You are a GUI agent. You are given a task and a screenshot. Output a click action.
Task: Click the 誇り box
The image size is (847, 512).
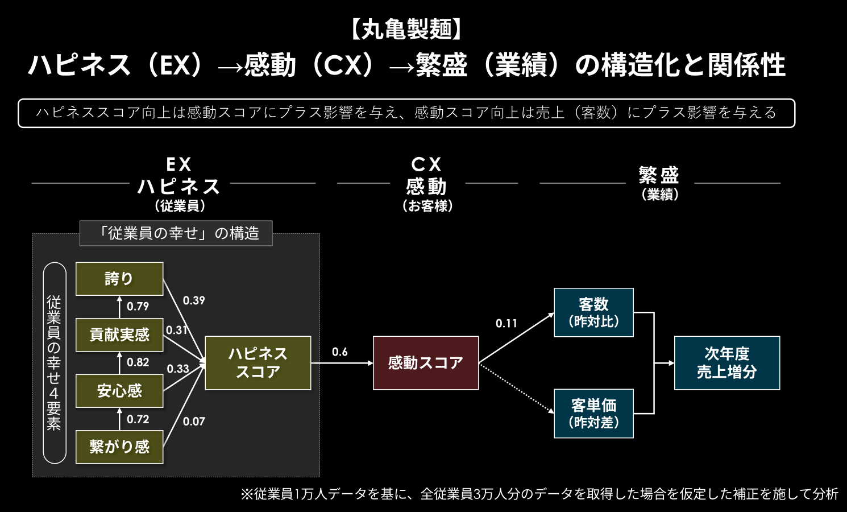point(119,279)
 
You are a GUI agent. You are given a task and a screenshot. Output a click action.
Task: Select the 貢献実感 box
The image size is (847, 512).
point(119,335)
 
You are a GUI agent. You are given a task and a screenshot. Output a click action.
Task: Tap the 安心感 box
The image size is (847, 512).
point(119,391)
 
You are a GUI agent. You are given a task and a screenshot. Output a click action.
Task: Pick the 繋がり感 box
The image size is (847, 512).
point(119,447)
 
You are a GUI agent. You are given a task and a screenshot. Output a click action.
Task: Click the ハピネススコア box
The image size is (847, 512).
point(258,363)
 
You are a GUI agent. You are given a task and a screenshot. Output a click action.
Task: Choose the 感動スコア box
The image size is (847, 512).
point(425,363)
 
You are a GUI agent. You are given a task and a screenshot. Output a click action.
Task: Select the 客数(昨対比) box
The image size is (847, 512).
point(593,312)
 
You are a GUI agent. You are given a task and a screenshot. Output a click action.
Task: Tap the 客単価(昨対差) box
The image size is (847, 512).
point(593,414)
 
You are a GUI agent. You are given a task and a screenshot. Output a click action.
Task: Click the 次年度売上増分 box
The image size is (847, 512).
point(726,363)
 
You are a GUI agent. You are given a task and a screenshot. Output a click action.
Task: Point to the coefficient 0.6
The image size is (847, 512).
point(340,352)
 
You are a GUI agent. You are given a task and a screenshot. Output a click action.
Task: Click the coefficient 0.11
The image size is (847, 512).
point(506,324)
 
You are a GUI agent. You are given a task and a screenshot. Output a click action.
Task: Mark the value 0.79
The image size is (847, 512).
point(138,307)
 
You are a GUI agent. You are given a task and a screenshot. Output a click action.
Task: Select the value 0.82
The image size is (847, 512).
point(138,362)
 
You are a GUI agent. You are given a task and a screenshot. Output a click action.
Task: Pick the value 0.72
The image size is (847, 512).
point(138,419)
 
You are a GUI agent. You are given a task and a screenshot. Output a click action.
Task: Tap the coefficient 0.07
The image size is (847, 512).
point(194,422)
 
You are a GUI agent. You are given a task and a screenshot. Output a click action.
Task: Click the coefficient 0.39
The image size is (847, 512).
point(194,300)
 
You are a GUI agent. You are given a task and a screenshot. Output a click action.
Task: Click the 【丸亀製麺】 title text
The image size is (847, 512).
point(406,29)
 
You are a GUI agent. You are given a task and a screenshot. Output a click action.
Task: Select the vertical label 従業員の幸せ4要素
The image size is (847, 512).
point(55,362)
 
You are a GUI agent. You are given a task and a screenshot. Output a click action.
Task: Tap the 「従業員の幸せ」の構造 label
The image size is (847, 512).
point(176,233)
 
